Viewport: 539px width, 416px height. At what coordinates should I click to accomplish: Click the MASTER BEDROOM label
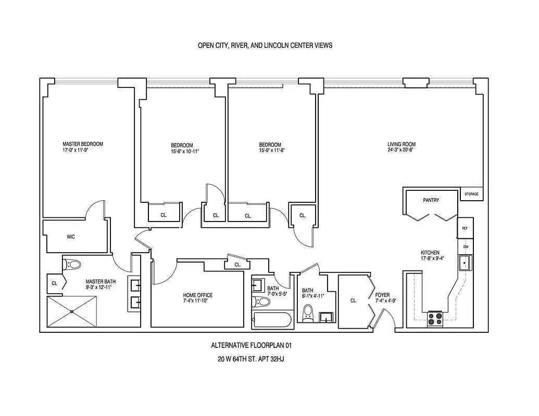pyautogui.click(x=82, y=144)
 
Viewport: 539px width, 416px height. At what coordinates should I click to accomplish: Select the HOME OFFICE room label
pyautogui.click(x=198, y=295)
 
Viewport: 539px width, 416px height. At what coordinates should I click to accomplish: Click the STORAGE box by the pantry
pyautogui.click(x=472, y=194)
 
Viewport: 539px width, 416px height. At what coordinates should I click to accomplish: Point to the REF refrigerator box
pyautogui.click(x=465, y=228)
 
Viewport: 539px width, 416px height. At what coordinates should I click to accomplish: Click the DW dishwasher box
pyautogui.click(x=466, y=247)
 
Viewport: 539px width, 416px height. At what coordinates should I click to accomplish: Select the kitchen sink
pyautogui.click(x=466, y=263)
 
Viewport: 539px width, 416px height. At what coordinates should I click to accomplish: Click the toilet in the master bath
pyautogui.click(x=72, y=265)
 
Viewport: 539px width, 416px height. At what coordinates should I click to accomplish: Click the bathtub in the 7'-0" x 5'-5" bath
pyautogui.click(x=272, y=321)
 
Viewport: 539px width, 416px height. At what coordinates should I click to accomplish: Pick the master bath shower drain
pyautogui.click(x=72, y=311)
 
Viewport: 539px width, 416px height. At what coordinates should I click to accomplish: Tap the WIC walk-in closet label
pyautogui.click(x=70, y=237)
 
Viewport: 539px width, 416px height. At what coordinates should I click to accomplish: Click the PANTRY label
pyautogui.click(x=431, y=200)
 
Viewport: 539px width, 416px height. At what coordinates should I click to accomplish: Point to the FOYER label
pyautogui.click(x=382, y=295)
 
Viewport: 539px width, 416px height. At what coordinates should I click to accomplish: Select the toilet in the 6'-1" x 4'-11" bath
pyautogui.click(x=308, y=314)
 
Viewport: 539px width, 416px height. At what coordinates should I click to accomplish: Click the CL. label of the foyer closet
pyautogui.click(x=354, y=301)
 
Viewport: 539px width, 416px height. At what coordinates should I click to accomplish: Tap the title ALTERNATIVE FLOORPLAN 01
pyautogui.click(x=252, y=345)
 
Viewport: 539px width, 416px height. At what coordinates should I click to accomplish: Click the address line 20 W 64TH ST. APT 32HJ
pyautogui.click(x=250, y=359)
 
